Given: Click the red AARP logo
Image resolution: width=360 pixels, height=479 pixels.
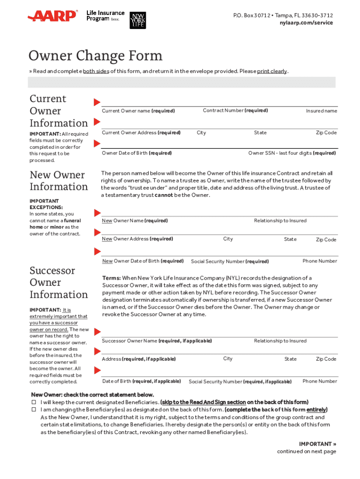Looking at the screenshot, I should (x=52, y=16).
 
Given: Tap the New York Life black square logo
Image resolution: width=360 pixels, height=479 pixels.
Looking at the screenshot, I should (x=137, y=19).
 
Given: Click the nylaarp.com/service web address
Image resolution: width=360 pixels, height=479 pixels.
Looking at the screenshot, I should (x=306, y=22).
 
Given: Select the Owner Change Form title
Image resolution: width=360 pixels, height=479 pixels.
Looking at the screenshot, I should (x=95, y=56).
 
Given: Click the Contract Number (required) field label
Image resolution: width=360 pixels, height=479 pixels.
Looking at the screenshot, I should (x=235, y=110).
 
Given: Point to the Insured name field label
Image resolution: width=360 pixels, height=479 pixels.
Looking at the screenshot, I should (x=321, y=111).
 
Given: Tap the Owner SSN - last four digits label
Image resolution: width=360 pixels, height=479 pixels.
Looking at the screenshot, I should (x=292, y=153).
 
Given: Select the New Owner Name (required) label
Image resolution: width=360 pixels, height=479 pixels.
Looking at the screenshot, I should (x=135, y=220).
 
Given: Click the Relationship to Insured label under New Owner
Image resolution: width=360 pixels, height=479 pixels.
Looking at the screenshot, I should (x=280, y=220).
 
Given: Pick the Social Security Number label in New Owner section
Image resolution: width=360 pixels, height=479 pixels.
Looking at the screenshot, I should (x=230, y=261).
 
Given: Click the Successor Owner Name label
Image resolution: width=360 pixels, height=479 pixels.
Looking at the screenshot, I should (x=157, y=341).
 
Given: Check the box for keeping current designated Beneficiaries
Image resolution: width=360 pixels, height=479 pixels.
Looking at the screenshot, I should (x=34, y=402).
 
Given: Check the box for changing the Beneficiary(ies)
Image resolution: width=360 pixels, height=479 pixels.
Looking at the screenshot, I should (x=34, y=410).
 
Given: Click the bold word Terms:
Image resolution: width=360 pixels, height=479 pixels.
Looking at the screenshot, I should (x=112, y=278).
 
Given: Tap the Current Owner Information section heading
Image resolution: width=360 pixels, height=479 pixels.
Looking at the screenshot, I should (x=58, y=111).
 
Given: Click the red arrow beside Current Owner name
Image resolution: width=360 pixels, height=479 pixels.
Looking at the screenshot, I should (x=97, y=102).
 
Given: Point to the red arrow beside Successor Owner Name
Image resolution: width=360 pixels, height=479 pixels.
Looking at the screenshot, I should (x=97, y=332).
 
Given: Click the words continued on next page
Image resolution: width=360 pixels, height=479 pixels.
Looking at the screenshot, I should (x=306, y=451).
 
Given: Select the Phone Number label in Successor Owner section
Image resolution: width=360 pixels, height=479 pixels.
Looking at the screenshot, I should (x=319, y=381).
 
